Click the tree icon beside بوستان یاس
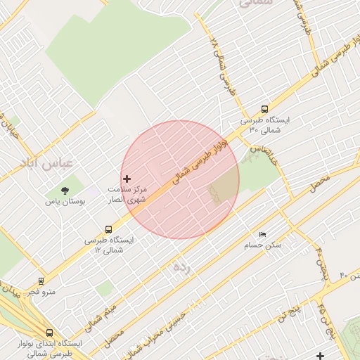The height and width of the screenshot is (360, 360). click(65, 190)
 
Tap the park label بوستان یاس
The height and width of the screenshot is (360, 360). click(65, 201)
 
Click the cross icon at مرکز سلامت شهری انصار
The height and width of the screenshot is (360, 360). click(127, 179)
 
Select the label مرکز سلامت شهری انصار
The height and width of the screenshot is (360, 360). click(127, 195)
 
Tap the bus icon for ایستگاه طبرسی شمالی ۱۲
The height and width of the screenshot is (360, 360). click(108, 229)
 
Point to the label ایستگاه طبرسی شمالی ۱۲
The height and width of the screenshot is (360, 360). click(108, 245)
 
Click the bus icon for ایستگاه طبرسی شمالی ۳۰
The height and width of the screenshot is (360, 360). click(264, 109)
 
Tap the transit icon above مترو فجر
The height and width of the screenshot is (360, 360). click(41, 281)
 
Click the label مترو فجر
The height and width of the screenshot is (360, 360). click(41, 291)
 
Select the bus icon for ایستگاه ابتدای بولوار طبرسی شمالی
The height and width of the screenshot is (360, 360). click(49, 333)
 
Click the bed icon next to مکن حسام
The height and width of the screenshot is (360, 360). click(262, 234)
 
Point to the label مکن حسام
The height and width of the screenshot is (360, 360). click(262, 245)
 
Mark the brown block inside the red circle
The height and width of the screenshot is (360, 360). click(224, 186)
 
